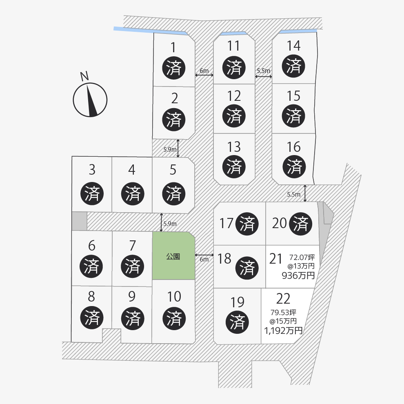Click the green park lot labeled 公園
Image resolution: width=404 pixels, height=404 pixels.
point(173,255)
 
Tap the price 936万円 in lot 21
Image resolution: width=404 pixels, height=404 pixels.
point(298,275)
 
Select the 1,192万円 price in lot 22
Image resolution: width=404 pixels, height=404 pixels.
point(283,331)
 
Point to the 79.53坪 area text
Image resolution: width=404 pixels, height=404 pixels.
point(283,313)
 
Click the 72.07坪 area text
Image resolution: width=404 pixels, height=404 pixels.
point(302,257)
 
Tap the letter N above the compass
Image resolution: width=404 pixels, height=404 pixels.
point(84,76)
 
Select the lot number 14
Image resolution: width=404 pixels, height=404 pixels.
point(293,46)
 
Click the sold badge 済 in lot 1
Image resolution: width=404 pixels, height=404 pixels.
point(174,68)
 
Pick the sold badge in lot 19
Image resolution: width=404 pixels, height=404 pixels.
point(237,322)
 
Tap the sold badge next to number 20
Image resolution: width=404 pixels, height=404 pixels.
point(300,224)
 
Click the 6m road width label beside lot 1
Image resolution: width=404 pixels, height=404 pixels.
point(204,71)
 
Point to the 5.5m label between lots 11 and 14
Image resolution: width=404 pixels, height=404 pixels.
point(263,71)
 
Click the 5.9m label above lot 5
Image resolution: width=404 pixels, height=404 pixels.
point(170,149)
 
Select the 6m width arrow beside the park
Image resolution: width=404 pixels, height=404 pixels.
point(204,255)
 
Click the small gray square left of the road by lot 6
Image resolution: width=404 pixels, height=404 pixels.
point(79,221)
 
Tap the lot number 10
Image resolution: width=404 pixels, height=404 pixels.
point(174,297)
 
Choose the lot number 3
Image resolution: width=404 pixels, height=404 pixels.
point(92,170)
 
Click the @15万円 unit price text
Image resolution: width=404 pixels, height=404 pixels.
point(283,321)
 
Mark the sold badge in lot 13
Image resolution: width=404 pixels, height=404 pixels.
point(234,166)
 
